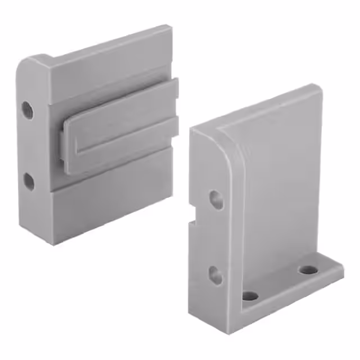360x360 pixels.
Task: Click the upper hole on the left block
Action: pos(27,110)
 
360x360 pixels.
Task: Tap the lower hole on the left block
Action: pos(29,181)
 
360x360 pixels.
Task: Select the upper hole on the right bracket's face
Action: pos(216,199)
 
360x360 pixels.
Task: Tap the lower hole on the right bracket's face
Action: pos(215,274)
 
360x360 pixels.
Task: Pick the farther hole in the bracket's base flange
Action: pos(307,269)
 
